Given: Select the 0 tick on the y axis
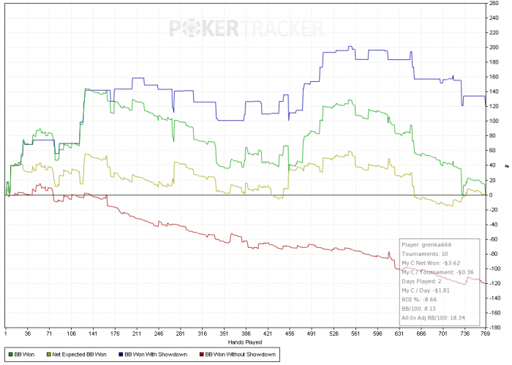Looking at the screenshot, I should pyautogui.click(x=497, y=195).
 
